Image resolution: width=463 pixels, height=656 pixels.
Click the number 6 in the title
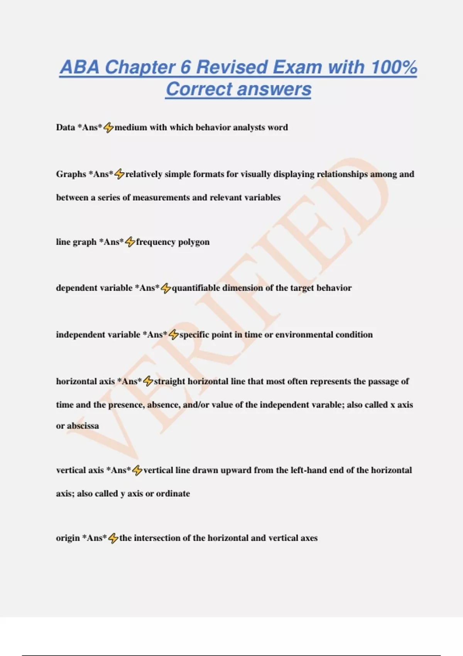[x=186, y=67]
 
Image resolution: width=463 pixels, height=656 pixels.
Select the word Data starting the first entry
[x=65, y=127]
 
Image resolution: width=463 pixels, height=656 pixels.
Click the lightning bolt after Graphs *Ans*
[x=119, y=174]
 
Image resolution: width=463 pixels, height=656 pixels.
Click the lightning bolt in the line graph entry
[x=130, y=242]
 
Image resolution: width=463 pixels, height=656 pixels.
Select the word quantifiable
[x=196, y=288]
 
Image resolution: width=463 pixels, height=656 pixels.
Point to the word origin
[x=68, y=538]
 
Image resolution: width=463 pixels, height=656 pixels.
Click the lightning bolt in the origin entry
[x=113, y=538]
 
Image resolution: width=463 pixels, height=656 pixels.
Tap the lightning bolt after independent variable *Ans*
[x=174, y=335]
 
